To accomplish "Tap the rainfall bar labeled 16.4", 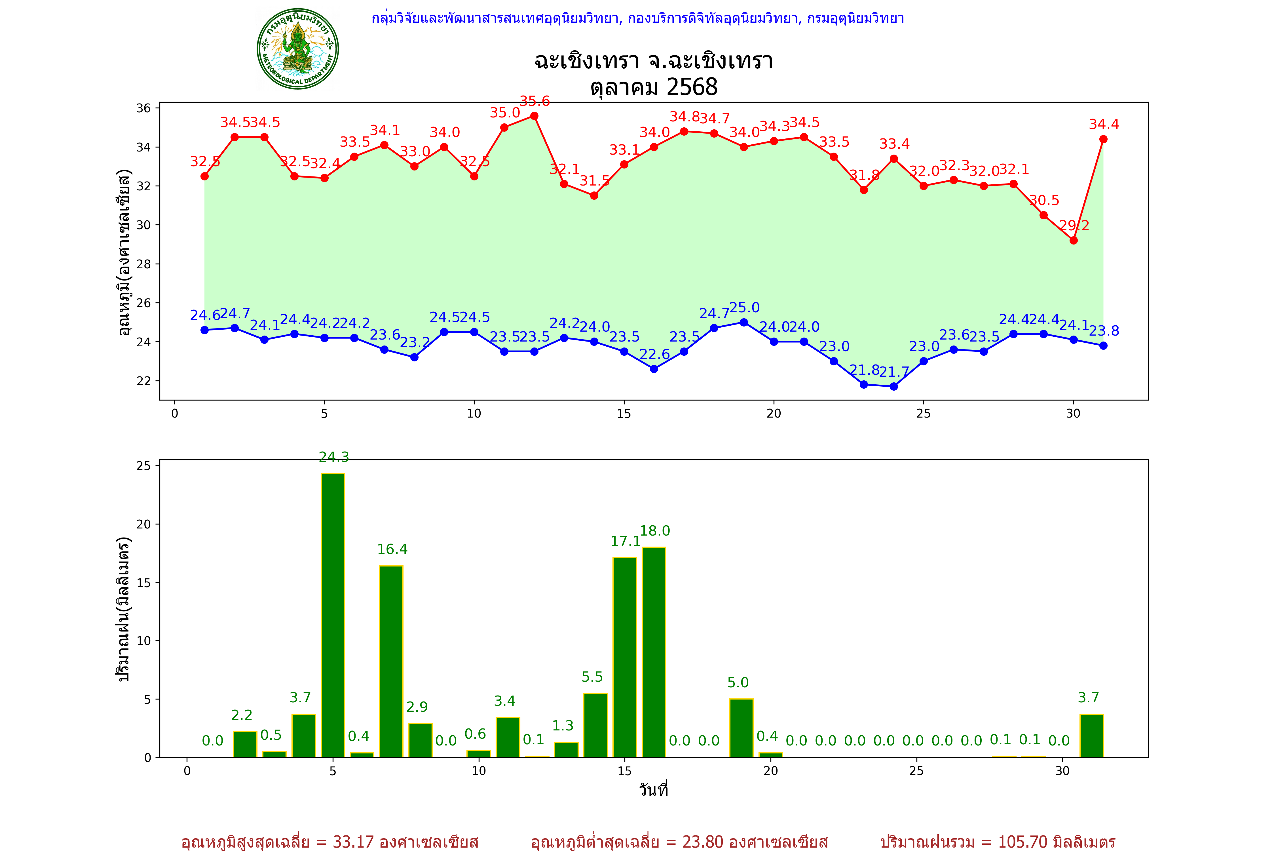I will pyautogui.click(x=391, y=662).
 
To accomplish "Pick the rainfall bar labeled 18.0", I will pyautogui.click(x=654, y=652).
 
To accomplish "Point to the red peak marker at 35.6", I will pyautogui.click(x=535, y=116).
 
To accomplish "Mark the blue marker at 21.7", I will pyautogui.click(x=893, y=386).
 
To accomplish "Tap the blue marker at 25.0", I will pyautogui.click(x=744, y=322).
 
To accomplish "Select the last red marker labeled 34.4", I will pyautogui.click(x=1103, y=140).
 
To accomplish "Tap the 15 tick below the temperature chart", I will pyautogui.click(x=624, y=414).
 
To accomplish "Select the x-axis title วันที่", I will pyautogui.click(x=653, y=790).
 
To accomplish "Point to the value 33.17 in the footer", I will pyautogui.click(x=353, y=842).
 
